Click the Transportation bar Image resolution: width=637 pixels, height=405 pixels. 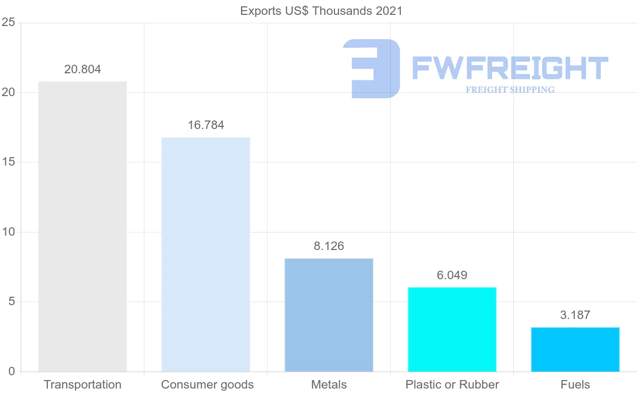click(82, 227)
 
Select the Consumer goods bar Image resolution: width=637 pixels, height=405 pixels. click(205, 255)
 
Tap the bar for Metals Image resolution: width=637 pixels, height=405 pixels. click(329, 315)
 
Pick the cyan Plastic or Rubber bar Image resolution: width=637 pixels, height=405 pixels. click(452, 330)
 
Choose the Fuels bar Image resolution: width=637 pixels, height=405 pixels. click(575, 349)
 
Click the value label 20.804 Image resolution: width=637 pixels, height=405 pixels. click(82, 69)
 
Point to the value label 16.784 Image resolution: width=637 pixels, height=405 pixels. click(205, 125)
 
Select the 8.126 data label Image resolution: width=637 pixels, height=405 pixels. click(329, 246)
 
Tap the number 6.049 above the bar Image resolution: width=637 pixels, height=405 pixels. click(452, 275)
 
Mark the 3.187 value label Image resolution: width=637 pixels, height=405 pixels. click(575, 315)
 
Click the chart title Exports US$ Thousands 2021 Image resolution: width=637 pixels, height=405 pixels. click(321, 11)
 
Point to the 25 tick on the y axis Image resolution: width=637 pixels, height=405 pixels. click(8, 23)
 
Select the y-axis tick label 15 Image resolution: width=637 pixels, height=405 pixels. click(8, 162)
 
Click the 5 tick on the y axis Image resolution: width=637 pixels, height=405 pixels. click(11, 302)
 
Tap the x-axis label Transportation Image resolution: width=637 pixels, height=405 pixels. click(82, 385)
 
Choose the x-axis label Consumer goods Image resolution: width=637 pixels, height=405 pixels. click(207, 385)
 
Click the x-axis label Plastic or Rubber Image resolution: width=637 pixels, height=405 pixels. click(452, 385)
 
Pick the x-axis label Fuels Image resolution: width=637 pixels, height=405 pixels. click(575, 385)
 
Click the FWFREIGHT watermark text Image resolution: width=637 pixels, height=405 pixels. click(510, 68)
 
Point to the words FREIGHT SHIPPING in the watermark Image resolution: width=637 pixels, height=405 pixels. click(510, 90)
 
